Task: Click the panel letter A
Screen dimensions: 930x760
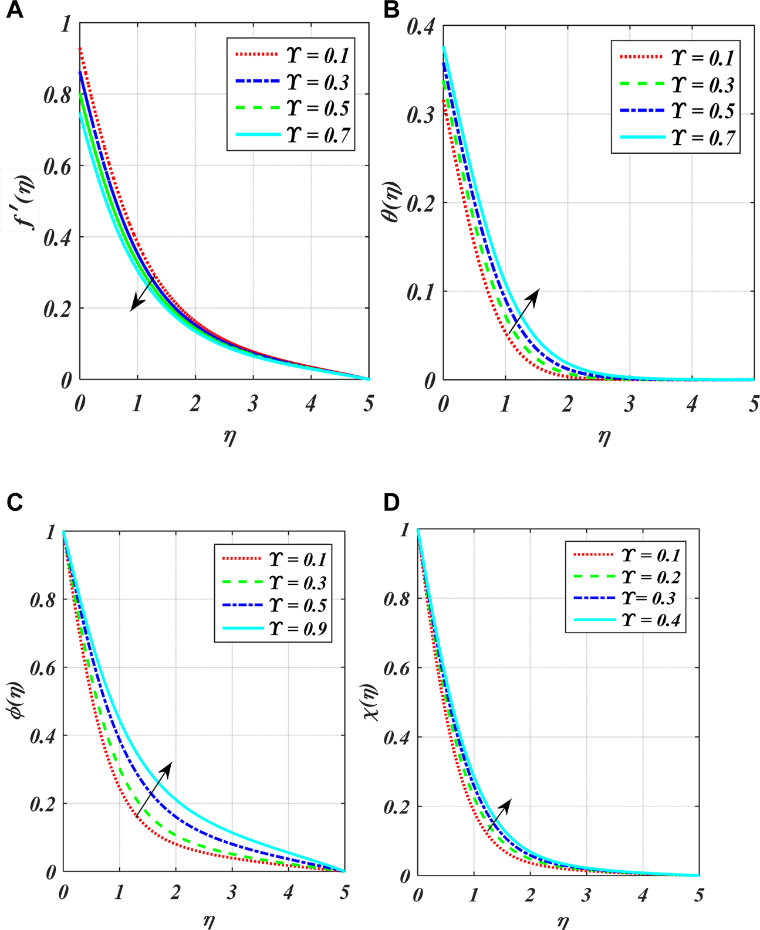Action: click(x=14, y=11)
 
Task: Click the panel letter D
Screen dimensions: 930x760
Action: click(x=391, y=503)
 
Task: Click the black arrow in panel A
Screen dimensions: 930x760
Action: click(x=143, y=293)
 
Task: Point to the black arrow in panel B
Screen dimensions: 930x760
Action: click(x=523, y=311)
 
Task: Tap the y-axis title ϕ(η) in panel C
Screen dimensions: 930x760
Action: click(x=17, y=702)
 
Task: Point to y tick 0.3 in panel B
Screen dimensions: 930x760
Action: click(x=421, y=116)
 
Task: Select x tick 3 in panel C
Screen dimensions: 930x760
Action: click(x=232, y=892)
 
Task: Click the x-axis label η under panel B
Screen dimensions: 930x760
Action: click(x=604, y=437)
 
